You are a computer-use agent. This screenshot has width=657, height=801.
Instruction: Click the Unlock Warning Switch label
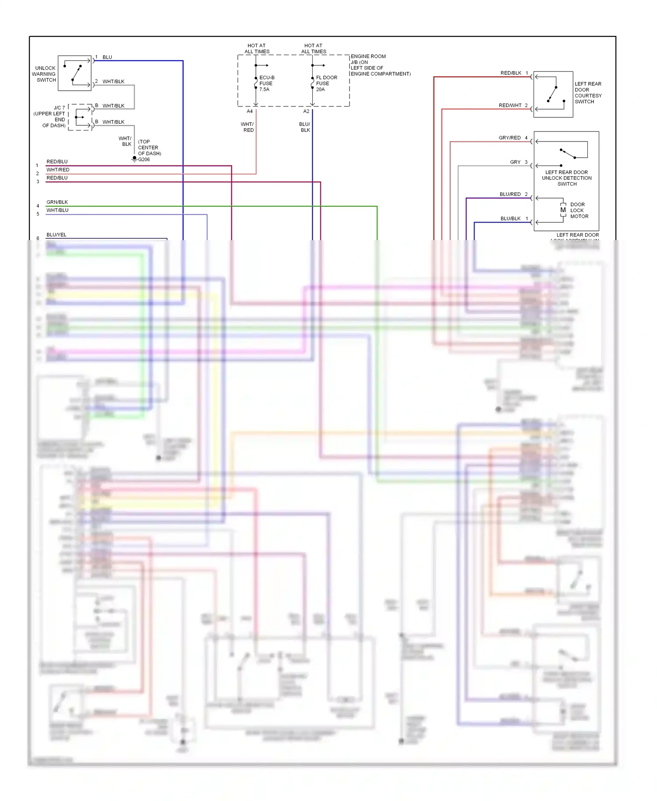(x=44, y=74)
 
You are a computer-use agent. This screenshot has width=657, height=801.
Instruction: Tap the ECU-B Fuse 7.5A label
(x=266, y=83)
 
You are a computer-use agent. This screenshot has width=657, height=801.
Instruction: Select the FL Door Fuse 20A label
(x=326, y=83)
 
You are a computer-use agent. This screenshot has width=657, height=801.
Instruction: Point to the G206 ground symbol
(x=134, y=159)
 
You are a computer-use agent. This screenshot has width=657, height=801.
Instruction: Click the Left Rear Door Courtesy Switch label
(x=588, y=92)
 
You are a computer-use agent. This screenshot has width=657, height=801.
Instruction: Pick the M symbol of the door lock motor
(x=563, y=210)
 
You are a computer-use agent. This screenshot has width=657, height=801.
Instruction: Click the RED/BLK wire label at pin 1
(x=511, y=73)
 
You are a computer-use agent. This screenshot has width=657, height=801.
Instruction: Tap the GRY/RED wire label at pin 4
(x=509, y=138)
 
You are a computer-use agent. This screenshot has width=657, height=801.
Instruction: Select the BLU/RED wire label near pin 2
(x=510, y=194)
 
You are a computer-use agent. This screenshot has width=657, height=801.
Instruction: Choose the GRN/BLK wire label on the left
(x=57, y=202)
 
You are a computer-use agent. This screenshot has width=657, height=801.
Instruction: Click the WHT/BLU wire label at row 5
(x=57, y=210)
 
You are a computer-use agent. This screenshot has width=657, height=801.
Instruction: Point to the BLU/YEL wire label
(x=57, y=235)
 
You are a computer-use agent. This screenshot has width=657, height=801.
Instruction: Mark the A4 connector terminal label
(x=250, y=111)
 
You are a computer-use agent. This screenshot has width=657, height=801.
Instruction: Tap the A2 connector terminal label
(x=306, y=111)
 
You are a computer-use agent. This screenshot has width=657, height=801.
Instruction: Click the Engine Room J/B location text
(x=380, y=65)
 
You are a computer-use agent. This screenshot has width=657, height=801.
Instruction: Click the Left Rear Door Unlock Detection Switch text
(x=567, y=178)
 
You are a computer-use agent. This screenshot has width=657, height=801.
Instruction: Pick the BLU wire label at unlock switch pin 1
(x=107, y=57)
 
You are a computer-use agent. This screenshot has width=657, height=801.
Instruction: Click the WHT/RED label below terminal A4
(x=247, y=127)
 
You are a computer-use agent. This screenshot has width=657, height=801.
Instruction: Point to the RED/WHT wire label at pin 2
(x=510, y=106)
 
